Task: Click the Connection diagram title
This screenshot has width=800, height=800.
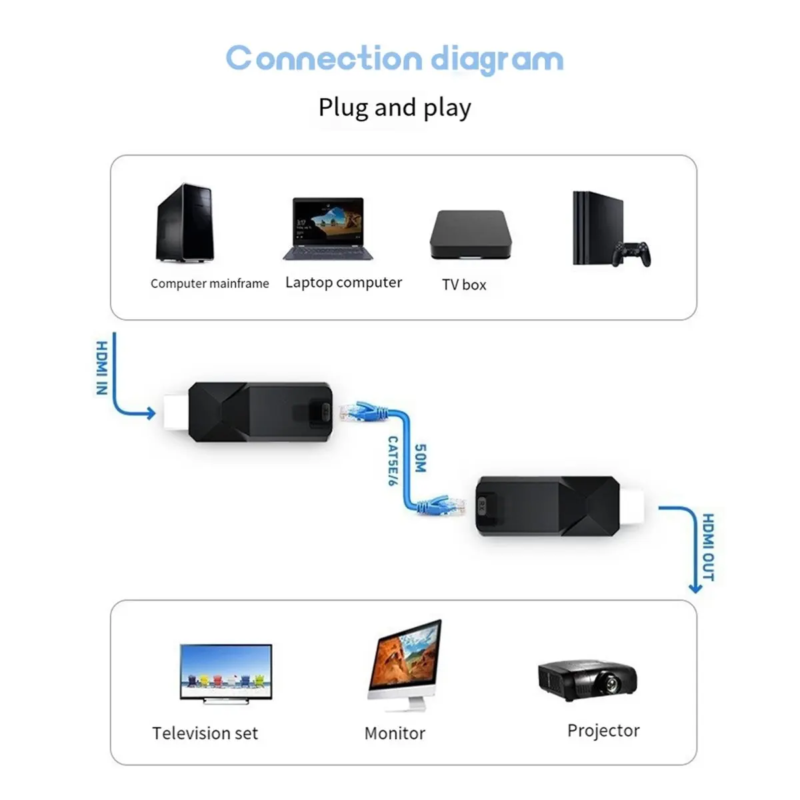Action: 395,59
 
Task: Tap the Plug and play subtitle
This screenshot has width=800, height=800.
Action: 395,108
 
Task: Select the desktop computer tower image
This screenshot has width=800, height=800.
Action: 185,223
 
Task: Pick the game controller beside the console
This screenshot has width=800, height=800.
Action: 632,253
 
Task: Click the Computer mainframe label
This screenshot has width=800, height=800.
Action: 209,283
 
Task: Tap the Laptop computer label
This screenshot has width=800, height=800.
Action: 343,283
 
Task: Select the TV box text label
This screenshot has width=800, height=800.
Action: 464,285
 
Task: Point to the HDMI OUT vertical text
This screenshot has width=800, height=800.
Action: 708,547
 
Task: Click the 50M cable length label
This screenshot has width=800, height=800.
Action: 420,459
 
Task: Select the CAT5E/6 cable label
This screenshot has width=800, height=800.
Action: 393,461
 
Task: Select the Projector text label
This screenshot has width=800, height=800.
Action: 603,731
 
